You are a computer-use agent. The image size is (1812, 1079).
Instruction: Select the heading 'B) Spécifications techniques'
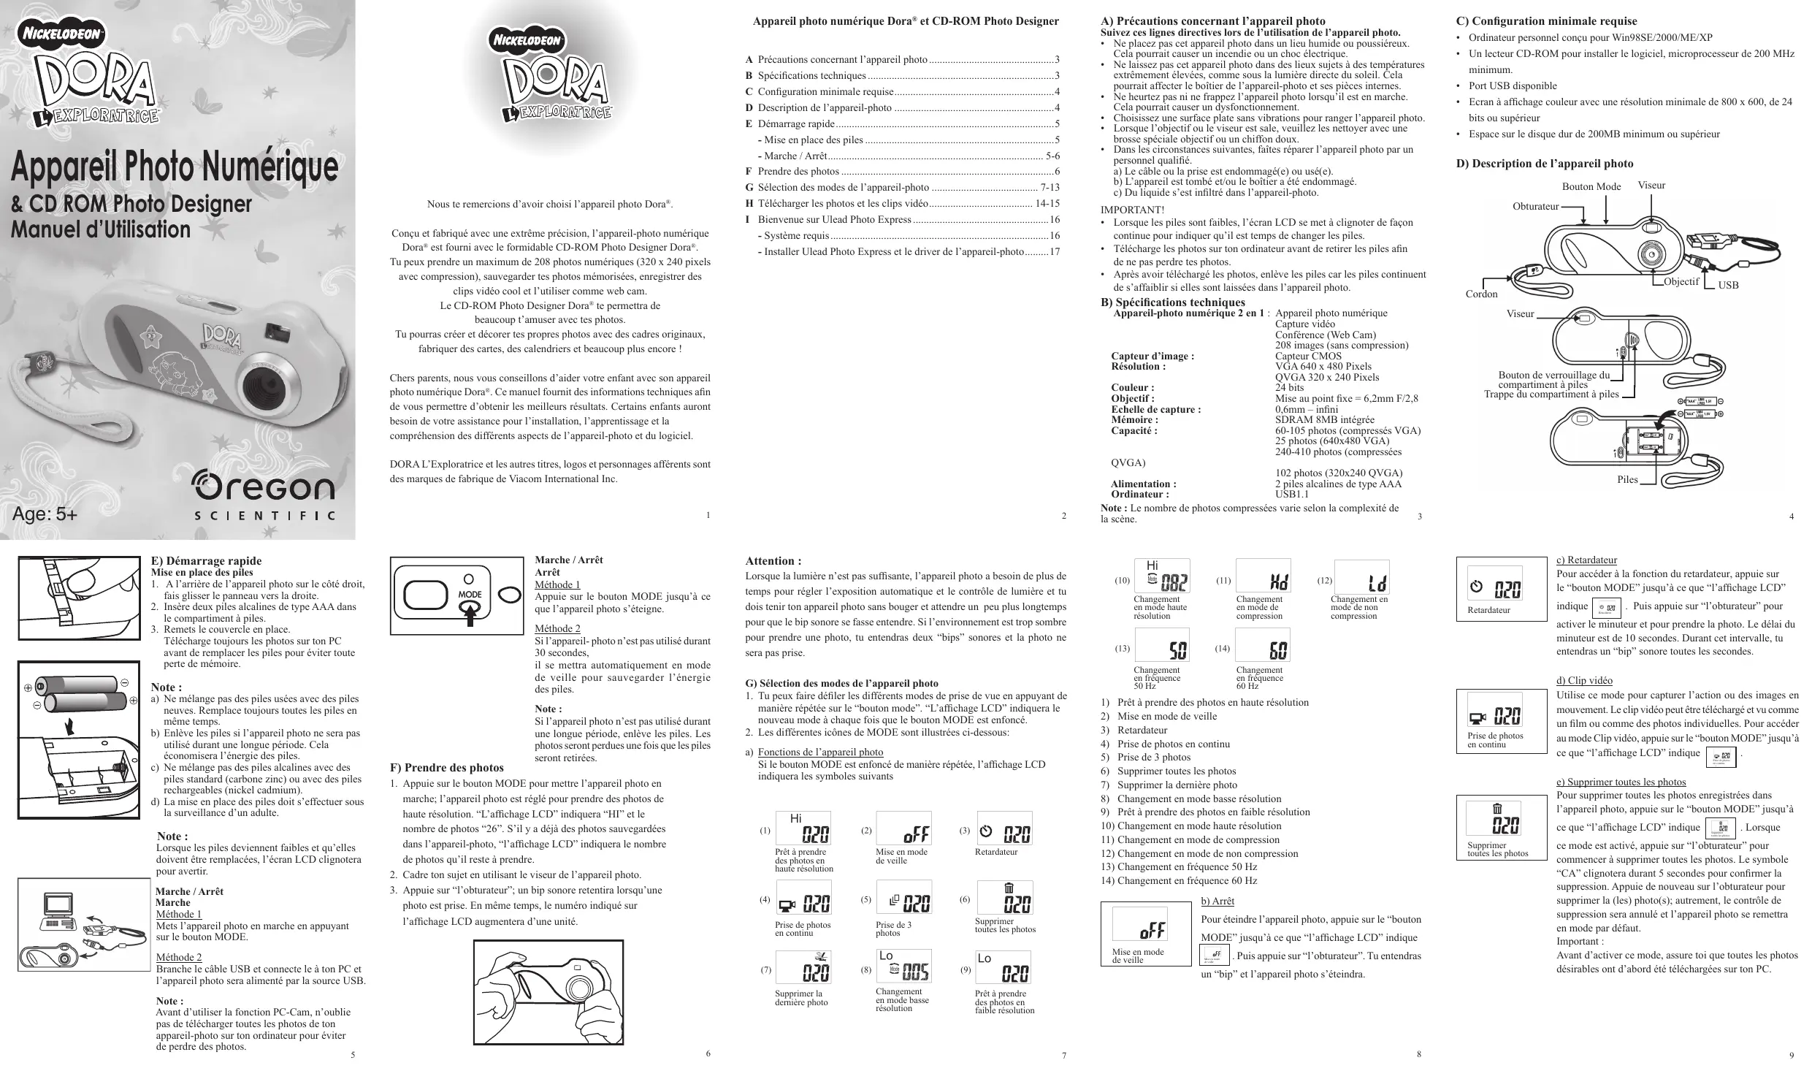[1172, 302]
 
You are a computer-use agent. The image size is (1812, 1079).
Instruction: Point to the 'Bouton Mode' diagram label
[1591, 186]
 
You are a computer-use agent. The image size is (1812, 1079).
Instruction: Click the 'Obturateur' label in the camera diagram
[1535, 207]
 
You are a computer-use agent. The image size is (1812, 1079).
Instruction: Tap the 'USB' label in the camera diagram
[1728, 285]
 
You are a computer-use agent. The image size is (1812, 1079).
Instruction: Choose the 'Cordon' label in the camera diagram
[1481, 294]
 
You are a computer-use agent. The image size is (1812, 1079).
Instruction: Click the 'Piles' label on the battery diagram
[1627, 480]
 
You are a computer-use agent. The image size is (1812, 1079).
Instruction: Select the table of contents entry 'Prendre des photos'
[798, 171]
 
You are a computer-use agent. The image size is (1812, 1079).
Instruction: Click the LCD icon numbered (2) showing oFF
[903, 828]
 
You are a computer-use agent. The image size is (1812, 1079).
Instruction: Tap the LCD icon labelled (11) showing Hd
[1263, 576]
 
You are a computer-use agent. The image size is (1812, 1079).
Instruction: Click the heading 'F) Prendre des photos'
[447, 768]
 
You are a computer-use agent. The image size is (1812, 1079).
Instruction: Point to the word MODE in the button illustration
[470, 595]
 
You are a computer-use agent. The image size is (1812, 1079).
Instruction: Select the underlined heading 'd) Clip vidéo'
[1584, 681]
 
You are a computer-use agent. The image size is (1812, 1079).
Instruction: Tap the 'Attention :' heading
[773, 561]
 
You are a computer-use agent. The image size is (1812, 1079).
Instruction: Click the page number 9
[1791, 1055]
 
